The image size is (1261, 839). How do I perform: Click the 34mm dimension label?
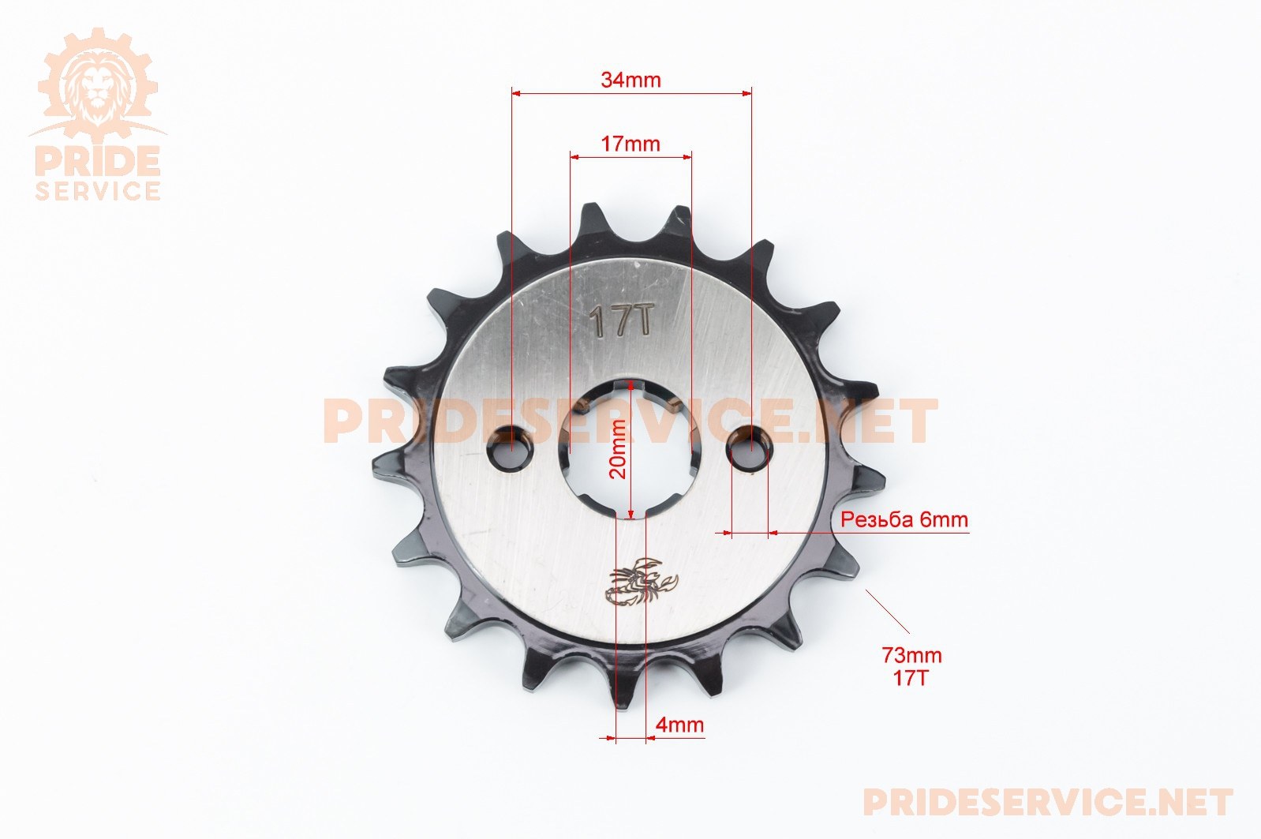coord(630,80)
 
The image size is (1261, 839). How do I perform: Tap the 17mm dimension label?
coord(630,144)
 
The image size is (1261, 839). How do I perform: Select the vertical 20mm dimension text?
coord(618,449)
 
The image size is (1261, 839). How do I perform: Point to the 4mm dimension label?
coord(679,724)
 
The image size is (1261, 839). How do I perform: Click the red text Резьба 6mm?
coord(904,519)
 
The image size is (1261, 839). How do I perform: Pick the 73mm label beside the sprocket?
coord(911,655)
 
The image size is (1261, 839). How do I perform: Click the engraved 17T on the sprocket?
coord(622,321)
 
